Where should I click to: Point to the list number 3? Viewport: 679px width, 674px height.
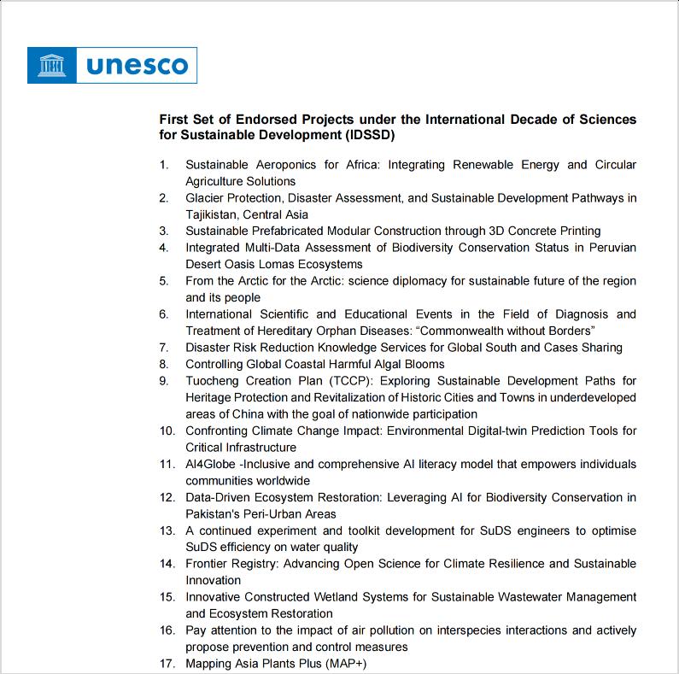164,231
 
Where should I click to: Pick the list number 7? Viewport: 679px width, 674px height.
164,348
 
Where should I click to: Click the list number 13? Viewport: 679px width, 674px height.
167,530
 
